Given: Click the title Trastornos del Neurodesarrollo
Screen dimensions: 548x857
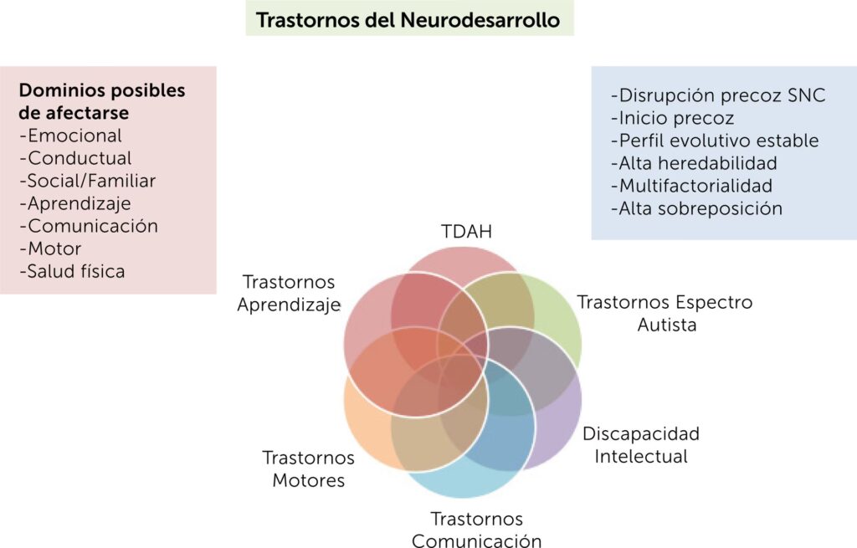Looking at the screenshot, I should pyautogui.click(x=408, y=19).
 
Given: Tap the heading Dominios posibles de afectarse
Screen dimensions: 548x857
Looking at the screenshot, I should pyautogui.click(x=102, y=101).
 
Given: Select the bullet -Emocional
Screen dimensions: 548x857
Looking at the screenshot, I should pyautogui.click(x=70, y=136).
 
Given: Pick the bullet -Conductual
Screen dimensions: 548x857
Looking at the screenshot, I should pyautogui.click(x=75, y=158).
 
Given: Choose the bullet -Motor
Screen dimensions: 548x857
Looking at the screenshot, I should pyautogui.click(x=50, y=248).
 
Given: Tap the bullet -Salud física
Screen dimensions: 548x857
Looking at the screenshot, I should pyautogui.click(x=72, y=271).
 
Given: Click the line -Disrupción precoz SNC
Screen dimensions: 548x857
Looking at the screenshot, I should pyautogui.click(x=718, y=95).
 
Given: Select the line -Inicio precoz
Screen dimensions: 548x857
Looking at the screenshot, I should pyautogui.click(x=673, y=118).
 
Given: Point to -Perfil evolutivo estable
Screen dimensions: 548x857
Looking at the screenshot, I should pyautogui.click(x=715, y=141).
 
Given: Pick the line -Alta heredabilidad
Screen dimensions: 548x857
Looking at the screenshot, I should pyautogui.click(x=694, y=163).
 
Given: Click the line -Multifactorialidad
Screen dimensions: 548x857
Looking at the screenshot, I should pyautogui.click(x=691, y=186).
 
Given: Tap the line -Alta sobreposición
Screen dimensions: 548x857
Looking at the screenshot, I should pyautogui.click(x=696, y=208).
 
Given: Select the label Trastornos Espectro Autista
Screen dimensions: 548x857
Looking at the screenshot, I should pyautogui.click(x=665, y=313).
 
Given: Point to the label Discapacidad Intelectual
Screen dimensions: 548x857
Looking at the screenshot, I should pyautogui.click(x=641, y=445).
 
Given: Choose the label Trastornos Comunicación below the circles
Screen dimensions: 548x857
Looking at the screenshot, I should pyautogui.click(x=477, y=530).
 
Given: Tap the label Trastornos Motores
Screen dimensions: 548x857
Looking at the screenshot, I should pyautogui.click(x=307, y=469).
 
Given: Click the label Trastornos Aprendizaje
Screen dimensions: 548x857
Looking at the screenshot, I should pyautogui.click(x=289, y=293).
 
